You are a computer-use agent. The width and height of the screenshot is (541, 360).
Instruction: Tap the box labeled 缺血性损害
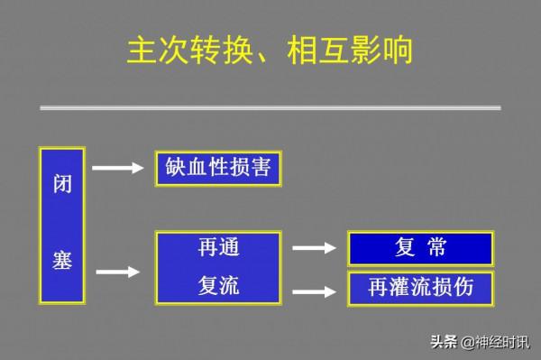[x=218, y=169]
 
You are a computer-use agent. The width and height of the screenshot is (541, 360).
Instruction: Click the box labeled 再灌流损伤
[x=420, y=288]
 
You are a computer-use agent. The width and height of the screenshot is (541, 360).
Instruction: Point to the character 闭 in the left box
[x=61, y=186]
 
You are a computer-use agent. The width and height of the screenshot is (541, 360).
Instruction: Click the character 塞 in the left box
[x=61, y=262]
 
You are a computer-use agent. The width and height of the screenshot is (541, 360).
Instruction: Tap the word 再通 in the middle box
[x=218, y=247]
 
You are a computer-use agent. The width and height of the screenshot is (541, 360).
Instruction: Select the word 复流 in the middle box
[x=218, y=287]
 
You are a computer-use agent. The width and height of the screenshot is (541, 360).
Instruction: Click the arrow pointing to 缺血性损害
[x=118, y=168]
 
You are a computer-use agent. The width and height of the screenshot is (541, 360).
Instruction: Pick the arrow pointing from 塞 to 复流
[x=118, y=271]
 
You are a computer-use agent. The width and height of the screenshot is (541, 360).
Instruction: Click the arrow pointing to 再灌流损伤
[x=315, y=291]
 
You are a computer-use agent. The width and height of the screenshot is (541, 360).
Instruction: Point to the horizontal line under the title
[x=270, y=107]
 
